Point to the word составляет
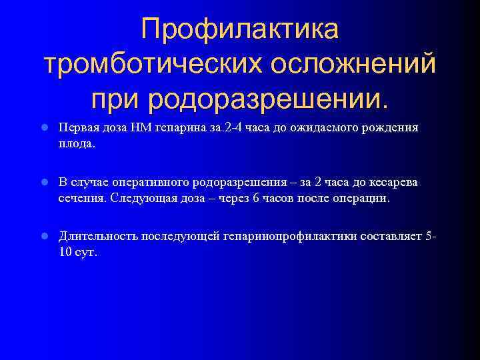click(x=393, y=237)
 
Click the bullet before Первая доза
click(x=43, y=128)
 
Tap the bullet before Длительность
click(x=43, y=237)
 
